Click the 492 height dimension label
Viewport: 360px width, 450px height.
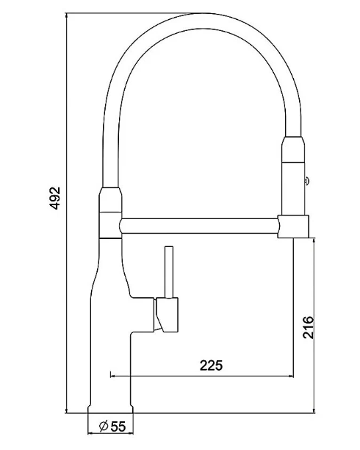tap(54, 198)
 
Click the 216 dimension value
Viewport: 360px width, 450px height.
tap(309, 327)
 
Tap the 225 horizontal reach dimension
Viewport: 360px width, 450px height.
tap(211, 365)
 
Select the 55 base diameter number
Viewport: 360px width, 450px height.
tap(118, 426)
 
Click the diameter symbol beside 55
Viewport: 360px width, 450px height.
tap(104, 426)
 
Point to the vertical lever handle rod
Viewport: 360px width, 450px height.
tap(169, 272)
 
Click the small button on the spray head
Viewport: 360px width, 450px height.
tap(306, 181)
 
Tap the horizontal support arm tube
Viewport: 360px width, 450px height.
tap(199, 226)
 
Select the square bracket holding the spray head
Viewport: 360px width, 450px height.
tap(293, 226)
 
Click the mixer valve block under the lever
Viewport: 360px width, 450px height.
tap(167, 315)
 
